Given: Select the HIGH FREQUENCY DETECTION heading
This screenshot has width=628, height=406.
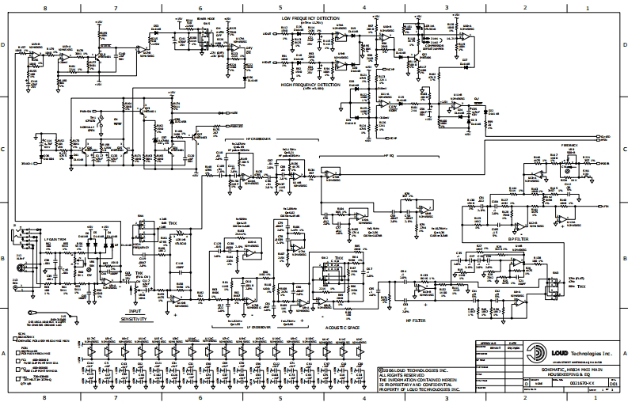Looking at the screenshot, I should [309, 82].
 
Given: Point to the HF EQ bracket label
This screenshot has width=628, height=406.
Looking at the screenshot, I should [388, 156].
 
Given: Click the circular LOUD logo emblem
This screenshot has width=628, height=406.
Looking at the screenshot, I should [539, 354].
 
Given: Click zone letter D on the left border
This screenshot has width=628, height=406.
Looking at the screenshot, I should [5, 45].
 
